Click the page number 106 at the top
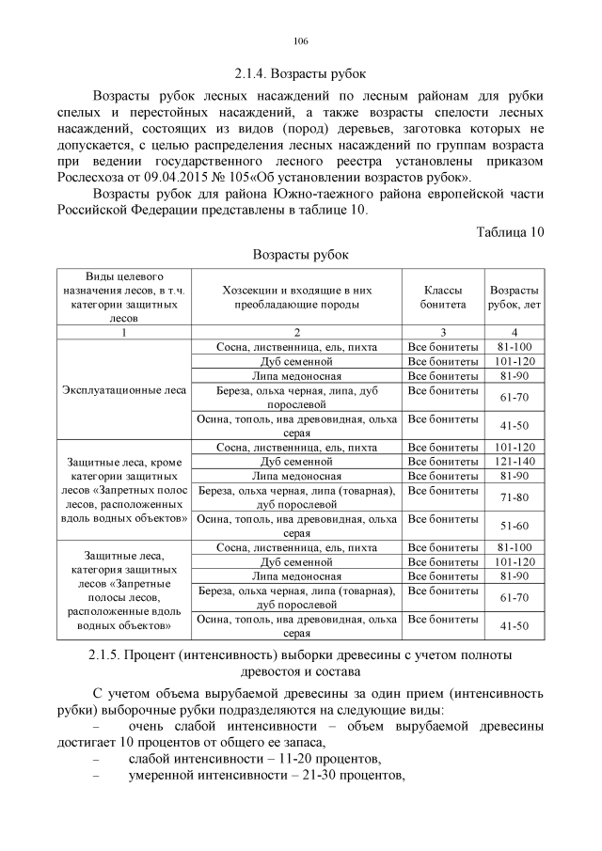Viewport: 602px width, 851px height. tap(301, 41)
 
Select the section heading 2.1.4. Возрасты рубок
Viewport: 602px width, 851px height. tap(301, 72)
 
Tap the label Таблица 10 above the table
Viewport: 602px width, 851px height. tap(510, 231)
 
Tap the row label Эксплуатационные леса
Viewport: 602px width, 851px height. tap(123, 390)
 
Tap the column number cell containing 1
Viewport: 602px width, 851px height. tap(123, 332)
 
